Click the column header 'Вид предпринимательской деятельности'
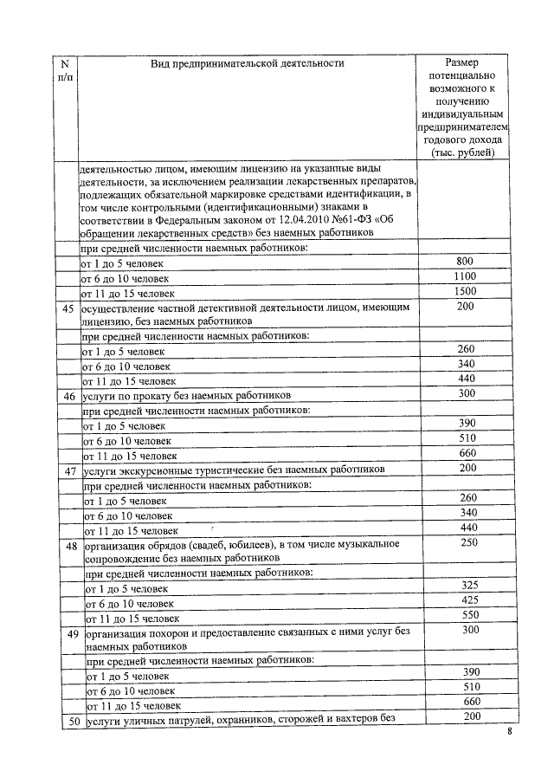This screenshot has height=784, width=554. point(247,63)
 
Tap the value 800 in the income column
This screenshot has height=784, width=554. point(465,262)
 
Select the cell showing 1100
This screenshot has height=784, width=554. point(465,276)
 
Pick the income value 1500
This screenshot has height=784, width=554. point(465,292)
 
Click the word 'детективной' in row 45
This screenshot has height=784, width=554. point(226,308)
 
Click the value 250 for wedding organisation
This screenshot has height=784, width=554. point(469,543)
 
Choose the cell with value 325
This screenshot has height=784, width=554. point(469,586)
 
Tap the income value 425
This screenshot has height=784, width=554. point(469,600)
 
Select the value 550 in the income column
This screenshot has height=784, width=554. point(469,615)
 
